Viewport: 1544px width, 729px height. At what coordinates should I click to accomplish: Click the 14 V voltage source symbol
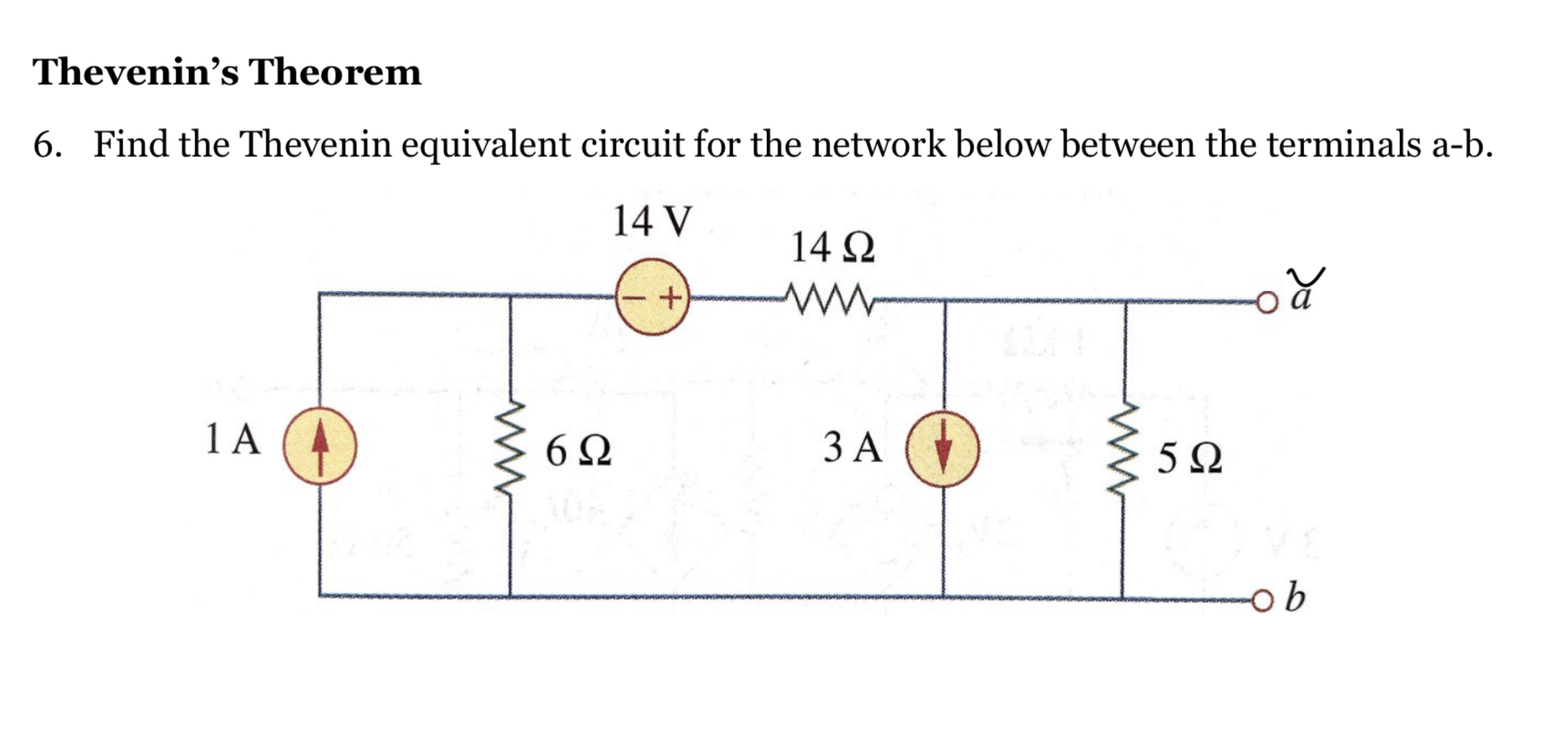click(651, 297)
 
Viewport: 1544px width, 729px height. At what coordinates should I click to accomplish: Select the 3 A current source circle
click(943, 448)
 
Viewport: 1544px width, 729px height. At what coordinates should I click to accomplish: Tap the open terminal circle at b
click(1261, 599)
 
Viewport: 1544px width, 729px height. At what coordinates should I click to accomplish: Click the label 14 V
click(651, 221)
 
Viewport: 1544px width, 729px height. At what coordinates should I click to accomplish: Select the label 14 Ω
click(832, 248)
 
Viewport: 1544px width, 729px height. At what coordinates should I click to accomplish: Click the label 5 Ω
click(1189, 458)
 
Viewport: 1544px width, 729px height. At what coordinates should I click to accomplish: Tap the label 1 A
click(233, 439)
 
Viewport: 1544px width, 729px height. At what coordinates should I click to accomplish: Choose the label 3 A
click(853, 447)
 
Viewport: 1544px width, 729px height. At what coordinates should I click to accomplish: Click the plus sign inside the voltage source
click(669, 297)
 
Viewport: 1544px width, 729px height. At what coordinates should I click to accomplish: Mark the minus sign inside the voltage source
click(635, 297)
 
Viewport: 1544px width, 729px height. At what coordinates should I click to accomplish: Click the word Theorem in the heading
click(335, 72)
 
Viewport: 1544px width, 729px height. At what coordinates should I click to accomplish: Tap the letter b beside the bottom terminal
click(1295, 598)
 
